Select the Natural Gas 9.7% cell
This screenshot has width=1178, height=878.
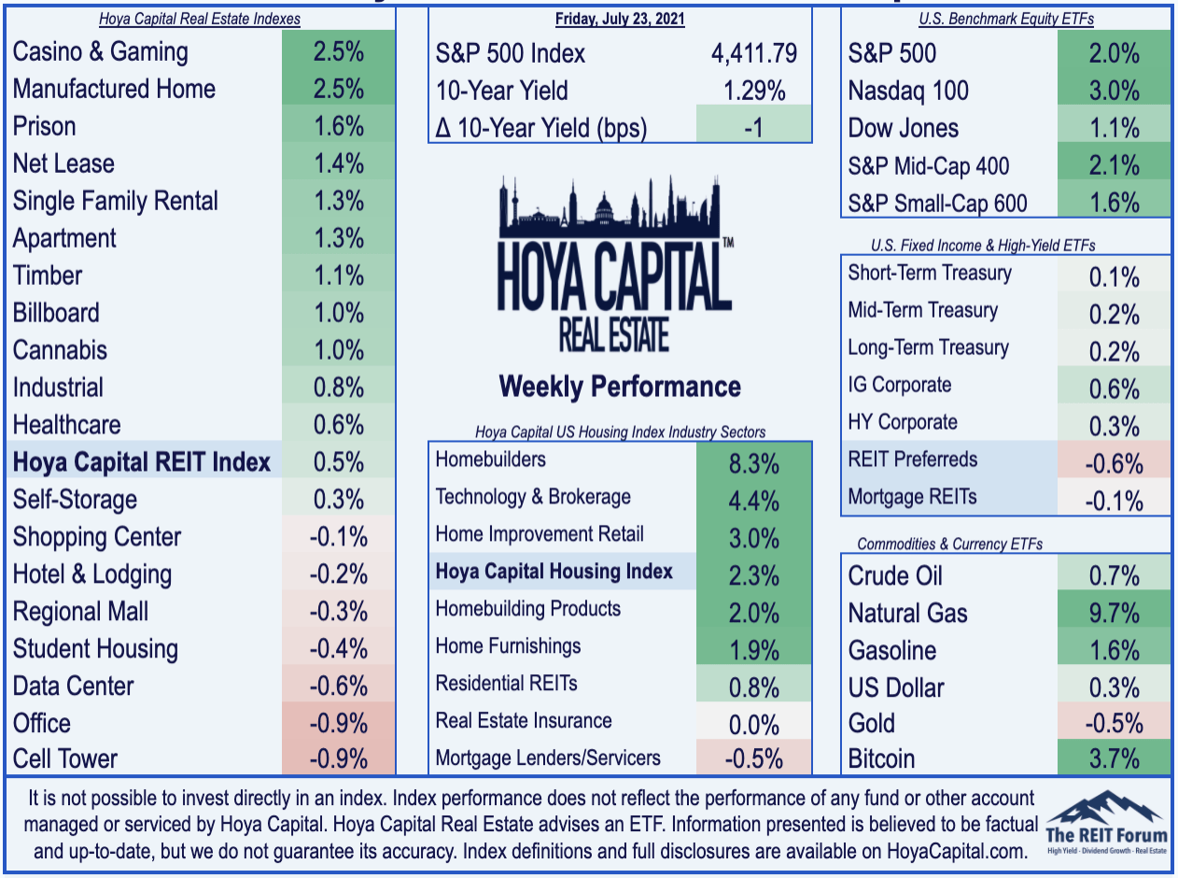[x=1114, y=612]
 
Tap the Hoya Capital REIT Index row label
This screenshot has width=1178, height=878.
[x=141, y=461]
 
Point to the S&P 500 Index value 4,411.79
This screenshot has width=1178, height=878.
[x=753, y=53]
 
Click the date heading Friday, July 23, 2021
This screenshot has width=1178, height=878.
[x=620, y=19]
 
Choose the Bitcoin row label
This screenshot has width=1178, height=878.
[x=881, y=758]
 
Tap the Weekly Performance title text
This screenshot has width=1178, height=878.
[x=620, y=387]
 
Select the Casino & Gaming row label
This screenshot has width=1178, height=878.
[x=101, y=52]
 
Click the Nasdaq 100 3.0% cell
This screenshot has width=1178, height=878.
[x=1114, y=90]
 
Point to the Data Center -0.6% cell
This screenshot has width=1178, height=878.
[x=338, y=686]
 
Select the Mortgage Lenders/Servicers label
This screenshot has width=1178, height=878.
[x=548, y=758]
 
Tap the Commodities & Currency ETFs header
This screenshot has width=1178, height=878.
[x=949, y=544]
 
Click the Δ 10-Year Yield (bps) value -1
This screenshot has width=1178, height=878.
[x=753, y=128]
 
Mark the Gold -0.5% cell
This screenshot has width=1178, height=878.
[x=1114, y=723]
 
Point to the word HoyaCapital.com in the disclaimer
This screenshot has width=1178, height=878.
[x=957, y=852]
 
